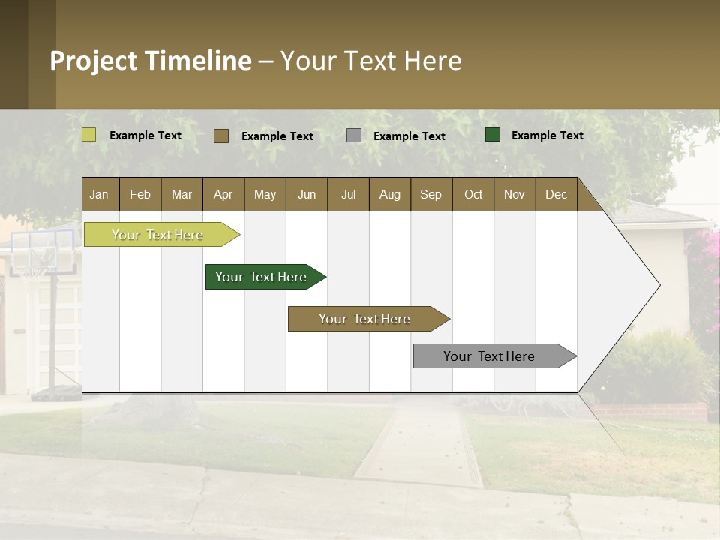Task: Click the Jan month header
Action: point(99,195)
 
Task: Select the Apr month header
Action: point(223,195)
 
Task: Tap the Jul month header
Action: point(348,195)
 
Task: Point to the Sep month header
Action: point(430,195)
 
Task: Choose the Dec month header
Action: point(556,195)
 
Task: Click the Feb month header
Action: point(140,195)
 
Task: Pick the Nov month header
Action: point(514,195)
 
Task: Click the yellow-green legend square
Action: point(89,135)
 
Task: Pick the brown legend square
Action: point(221,136)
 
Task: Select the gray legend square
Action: point(354,136)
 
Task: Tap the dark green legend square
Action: point(493,135)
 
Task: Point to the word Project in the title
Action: point(93,61)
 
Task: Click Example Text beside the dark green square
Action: point(547,136)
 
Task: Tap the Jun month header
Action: point(306,195)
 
